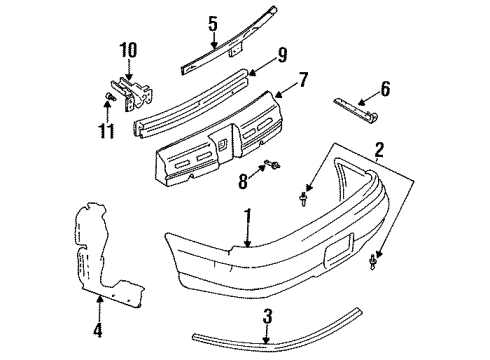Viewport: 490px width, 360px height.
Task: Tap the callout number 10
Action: coord(126,49)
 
